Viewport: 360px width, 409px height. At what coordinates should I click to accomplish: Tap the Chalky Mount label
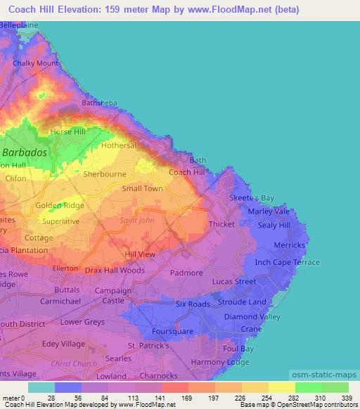point(35,63)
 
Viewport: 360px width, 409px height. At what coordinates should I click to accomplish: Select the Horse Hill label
point(67,131)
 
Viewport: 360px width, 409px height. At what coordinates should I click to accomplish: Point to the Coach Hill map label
point(187,172)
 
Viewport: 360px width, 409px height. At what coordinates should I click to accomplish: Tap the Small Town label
point(142,188)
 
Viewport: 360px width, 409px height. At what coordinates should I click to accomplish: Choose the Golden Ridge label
point(60,205)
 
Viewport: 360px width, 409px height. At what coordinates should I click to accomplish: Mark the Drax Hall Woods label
point(115,270)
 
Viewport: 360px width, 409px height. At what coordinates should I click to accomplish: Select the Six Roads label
point(193,304)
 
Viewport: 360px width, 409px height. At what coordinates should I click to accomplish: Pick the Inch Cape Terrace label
point(287,262)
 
